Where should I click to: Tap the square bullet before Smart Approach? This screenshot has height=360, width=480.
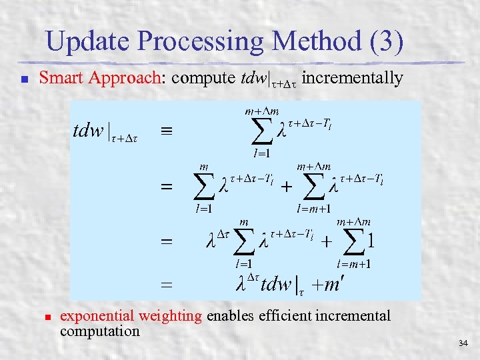[x=23, y=79]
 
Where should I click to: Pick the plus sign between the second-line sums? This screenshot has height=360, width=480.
[x=285, y=188]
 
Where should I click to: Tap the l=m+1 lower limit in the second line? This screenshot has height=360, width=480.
[x=315, y=209]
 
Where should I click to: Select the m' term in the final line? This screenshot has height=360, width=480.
[x=328, y=285]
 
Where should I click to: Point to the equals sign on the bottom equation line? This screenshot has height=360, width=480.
[x=166, y=285]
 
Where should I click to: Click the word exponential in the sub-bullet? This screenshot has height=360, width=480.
[x=97, y=316]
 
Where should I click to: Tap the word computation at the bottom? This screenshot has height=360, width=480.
[x=99, y=331]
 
